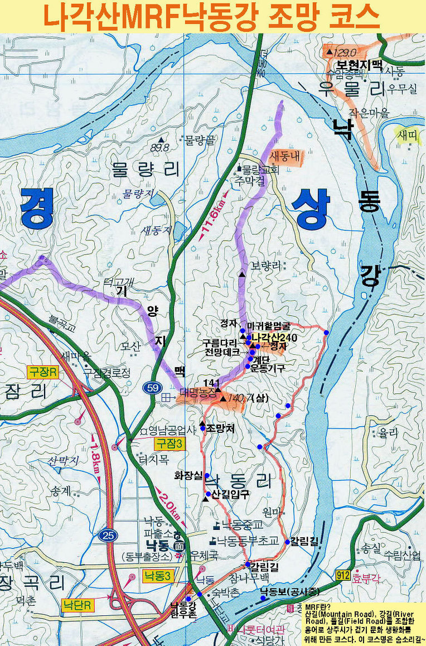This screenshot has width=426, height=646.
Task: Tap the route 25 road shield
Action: point(108,536)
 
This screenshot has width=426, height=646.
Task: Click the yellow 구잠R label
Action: point(42,372)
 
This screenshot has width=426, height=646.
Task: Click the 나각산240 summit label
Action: point(274,338)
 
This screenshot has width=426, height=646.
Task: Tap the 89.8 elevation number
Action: point(159,148)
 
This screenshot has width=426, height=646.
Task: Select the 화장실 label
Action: point(187,476)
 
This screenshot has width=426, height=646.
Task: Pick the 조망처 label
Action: point(218,428)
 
